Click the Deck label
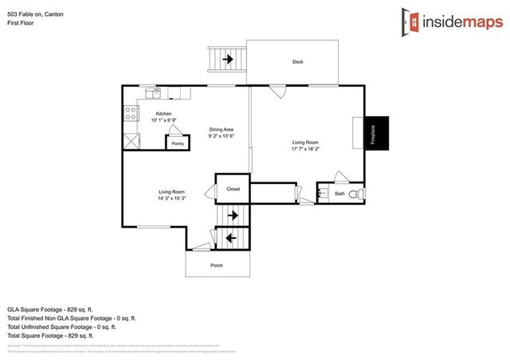(297, 62)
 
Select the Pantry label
(178, 144)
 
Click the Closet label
(233, 189)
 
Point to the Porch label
(216, 265)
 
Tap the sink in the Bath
(323, 193)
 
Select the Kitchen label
(163, 114)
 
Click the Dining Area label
(221, 129)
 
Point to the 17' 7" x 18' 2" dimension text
(306, 149)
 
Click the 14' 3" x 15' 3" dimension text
(172, 198)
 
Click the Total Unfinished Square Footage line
(61, 327)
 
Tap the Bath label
(340, 194)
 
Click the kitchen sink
(158, 92)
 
